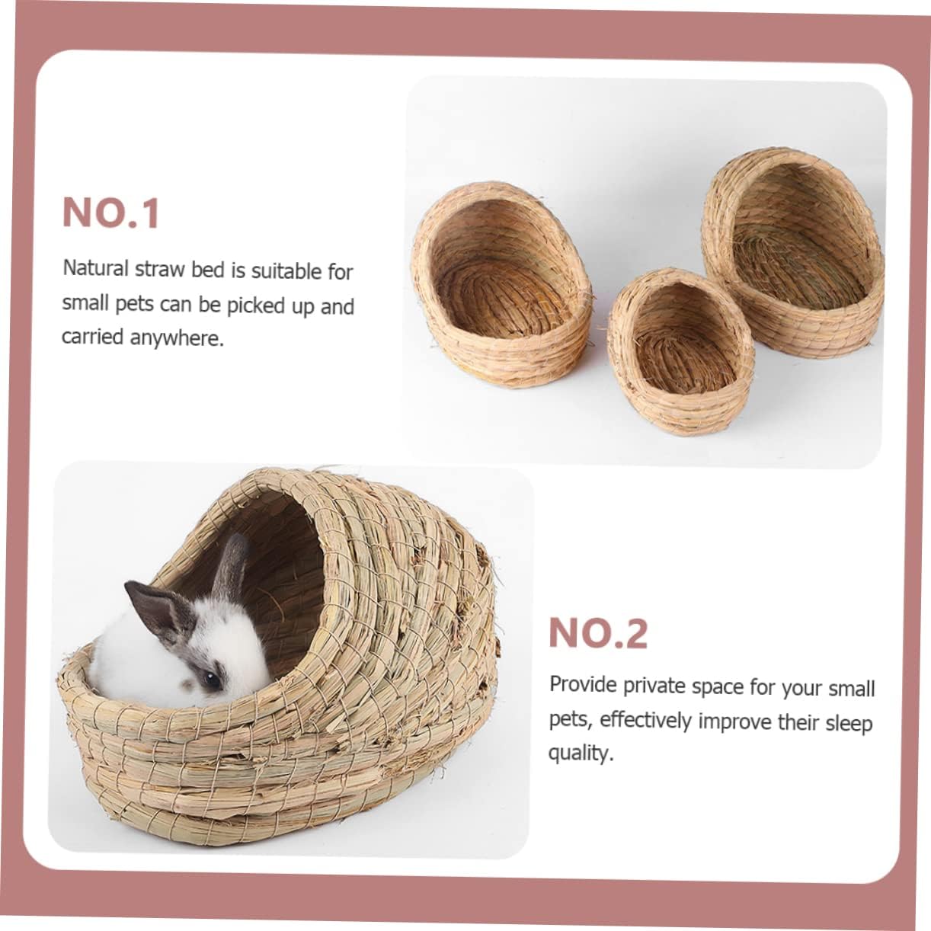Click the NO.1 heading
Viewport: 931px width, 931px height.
111,213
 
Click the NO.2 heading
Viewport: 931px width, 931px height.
598,633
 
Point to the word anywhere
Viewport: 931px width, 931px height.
177,338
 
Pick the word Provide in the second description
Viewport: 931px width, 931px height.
583,684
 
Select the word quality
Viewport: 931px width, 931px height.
580,753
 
